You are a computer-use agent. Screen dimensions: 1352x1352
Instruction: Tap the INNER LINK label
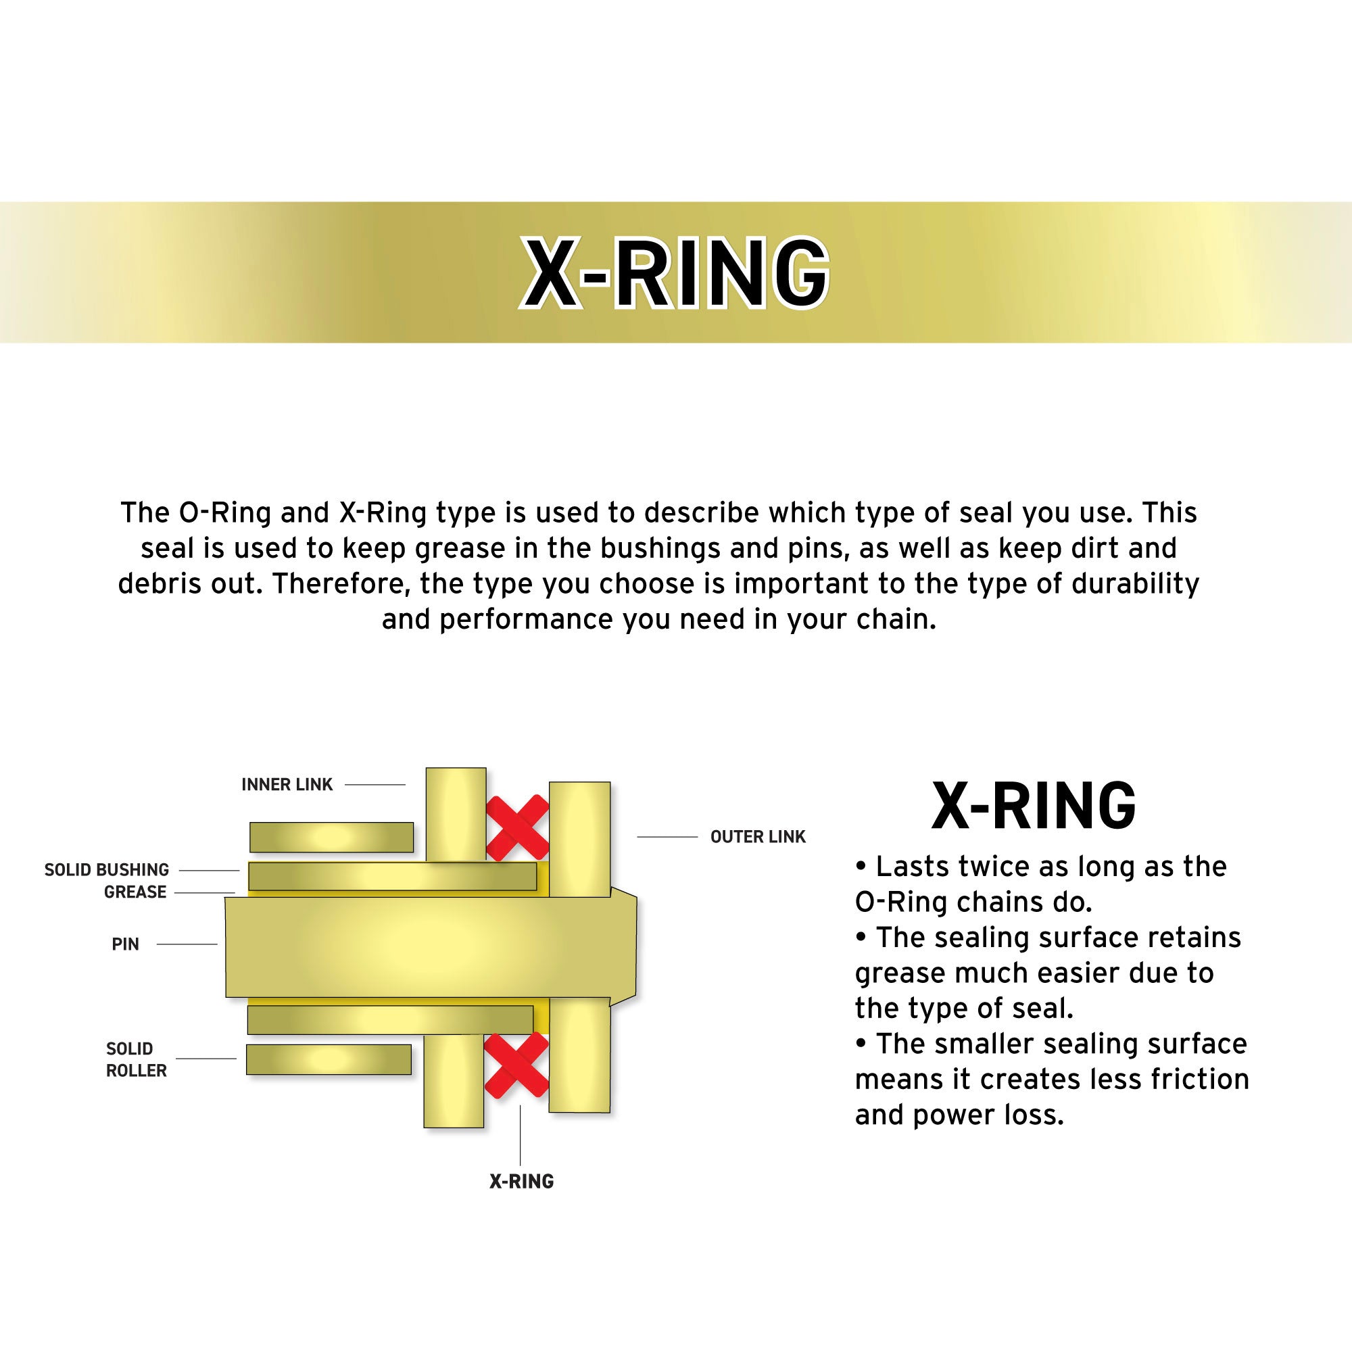click(x=287, y=784)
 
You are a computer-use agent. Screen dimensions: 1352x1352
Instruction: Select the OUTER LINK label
click(x=758, y=836)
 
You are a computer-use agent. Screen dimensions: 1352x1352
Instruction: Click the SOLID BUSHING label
click(x=107, y=870)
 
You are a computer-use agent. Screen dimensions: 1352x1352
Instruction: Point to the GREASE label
click(x=135, y=892)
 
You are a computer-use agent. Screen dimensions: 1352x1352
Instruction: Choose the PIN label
click(x=125, y=944)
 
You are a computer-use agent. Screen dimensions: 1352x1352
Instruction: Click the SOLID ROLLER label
click(x=136, y=1059)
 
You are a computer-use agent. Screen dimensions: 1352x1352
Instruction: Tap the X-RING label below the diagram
click(x=521, y=1181)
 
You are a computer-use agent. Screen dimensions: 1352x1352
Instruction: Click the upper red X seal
click(x=517, y=827)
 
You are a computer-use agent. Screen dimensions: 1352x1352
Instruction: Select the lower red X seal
click(x=516, y=1067)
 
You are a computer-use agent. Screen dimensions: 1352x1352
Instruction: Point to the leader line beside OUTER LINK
click(x=667, y=837)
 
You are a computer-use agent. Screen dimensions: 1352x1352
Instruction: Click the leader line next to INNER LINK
click(x=375, y=785)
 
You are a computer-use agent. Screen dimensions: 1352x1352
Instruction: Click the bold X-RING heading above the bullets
click(x=1034, y=806)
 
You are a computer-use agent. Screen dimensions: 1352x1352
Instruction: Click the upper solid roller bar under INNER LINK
click(x=331, y=837)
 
